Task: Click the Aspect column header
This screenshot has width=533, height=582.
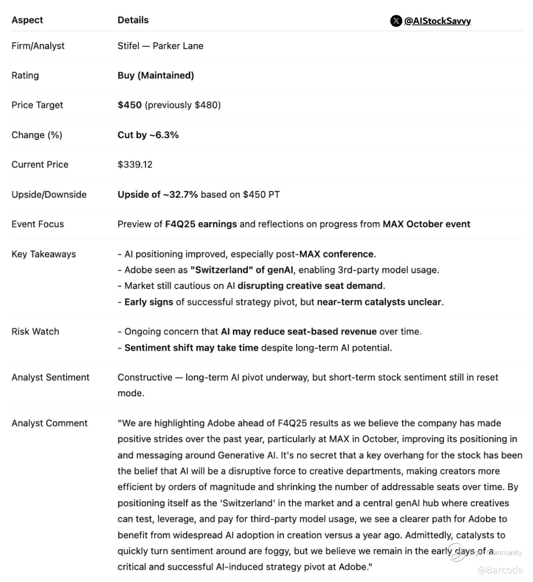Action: tap(27, 20)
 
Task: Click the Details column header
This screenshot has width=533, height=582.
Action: tap(133, 20)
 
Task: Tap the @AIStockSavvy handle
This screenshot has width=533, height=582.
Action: tap(437, 21)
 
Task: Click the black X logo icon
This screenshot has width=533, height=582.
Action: tap(396, 21)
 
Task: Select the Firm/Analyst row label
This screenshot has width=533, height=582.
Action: tap(38, 46)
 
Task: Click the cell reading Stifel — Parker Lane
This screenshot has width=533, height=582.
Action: tap(160, 46)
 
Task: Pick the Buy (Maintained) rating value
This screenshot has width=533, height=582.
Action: tap(156, 75)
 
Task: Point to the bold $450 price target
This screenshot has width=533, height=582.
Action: tap(130, 105)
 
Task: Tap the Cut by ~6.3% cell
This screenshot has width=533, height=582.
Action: tap(148, 135)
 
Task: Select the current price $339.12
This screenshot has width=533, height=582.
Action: tap(135, 165)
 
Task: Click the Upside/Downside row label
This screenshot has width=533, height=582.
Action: tap(49, 195)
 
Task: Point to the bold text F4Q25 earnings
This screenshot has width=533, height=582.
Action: tap(201, 224)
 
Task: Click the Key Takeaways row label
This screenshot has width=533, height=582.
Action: tap(44, 254)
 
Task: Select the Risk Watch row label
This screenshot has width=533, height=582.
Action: tap(35, 332)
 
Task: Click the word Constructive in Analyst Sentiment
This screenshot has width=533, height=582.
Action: tap(145, 377)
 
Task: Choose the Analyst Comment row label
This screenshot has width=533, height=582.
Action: tap(50, 423)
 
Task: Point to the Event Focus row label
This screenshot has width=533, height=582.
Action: tap(38, 224)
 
